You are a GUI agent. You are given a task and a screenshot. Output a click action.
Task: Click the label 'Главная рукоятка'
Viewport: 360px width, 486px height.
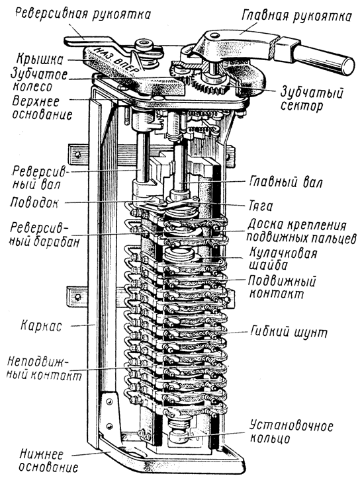pos(296,15)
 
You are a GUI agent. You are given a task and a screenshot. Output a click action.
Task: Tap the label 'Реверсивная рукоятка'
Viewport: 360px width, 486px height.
pos(83,13)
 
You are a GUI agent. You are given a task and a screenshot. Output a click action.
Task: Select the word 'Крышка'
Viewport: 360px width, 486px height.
pos(40,59)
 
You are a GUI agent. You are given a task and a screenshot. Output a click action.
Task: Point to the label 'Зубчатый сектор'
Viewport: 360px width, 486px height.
pos(311,99)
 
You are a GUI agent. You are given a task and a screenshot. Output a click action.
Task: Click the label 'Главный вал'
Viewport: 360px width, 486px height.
pos(286,182)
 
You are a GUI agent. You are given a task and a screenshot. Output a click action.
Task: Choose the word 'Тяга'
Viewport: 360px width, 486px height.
pos(261,206)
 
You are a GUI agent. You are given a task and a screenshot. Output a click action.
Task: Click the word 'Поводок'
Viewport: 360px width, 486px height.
pos(34,203)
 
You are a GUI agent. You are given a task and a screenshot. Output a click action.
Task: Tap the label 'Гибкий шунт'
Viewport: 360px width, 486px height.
pos(289,332)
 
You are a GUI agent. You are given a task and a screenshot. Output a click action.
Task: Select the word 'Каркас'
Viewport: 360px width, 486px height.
pos(41,326)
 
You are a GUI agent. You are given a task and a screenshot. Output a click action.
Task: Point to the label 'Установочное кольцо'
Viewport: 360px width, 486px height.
pos(291,432)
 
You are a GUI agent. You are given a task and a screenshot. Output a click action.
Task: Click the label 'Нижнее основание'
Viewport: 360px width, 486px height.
pos(48,461)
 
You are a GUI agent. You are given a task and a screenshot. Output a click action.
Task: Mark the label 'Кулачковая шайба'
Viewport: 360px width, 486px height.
pos(283,259)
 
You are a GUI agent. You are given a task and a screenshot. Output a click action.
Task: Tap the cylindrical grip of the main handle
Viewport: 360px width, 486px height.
pos(323,59)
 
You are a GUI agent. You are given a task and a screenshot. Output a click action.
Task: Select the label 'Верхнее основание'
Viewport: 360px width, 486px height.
pos(42,108)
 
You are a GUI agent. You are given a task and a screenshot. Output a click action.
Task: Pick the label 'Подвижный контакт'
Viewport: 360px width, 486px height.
pos(281,287)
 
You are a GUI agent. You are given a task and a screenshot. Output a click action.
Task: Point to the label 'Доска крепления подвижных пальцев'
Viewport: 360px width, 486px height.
pos(301,231)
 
